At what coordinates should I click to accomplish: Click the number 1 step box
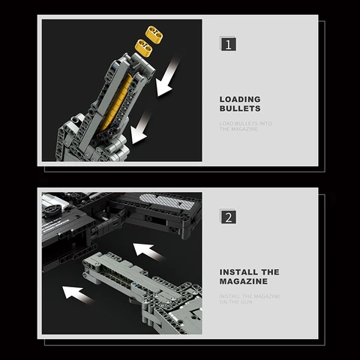point(229,43)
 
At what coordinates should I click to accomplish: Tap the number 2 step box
point(229,217)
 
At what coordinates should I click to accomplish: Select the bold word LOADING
point(240,99)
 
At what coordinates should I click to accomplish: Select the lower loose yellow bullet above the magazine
point(143,49)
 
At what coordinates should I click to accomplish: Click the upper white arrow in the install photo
point(148,251)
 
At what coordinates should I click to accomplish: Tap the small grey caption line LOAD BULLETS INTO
point(245,122)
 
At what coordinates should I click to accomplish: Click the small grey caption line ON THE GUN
point(236,302)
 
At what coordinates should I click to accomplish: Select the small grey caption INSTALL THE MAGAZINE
point(250,296)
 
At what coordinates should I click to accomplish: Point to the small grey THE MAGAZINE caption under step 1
point(238,129)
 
